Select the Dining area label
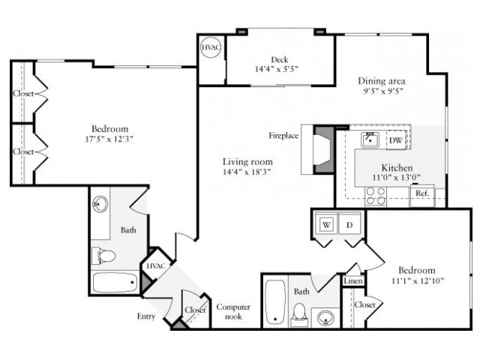tap(382, 81)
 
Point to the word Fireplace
tap(284, 136)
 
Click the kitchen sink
tap(369, 139)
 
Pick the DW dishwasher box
tap(394, 140)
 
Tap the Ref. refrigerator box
tap(421, 194)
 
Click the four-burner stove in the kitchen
tap(375, 196)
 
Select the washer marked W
tap(327, 223)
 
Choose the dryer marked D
tap(349, 223)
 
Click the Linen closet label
tap(353, 281)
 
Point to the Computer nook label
tap(233, 312)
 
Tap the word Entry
tap(146, 316)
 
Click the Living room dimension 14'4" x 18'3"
tap(247, 172)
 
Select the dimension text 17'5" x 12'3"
tap(110, 139)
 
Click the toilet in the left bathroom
tap(103, 256)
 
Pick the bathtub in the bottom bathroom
tap(275, 302)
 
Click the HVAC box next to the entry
tap(155, 266)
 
